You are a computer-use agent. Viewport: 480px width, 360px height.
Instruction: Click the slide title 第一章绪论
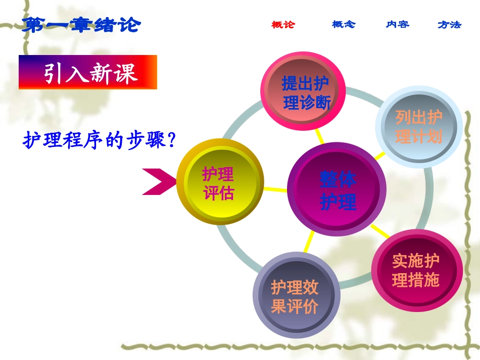[x=81, y=24]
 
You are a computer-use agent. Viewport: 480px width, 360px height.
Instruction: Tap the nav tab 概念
[x=344, y=24]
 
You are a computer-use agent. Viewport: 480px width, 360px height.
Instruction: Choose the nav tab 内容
[x=398, y=24]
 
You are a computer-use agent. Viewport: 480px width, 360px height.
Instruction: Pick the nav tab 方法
[x=449, y=24]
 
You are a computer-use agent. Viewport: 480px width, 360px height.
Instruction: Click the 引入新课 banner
[x=88, y=72]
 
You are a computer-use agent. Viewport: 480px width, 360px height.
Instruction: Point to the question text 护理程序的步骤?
[x=99, y=140]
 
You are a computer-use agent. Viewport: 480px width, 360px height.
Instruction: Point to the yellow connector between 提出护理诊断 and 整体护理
[x=319, y=136]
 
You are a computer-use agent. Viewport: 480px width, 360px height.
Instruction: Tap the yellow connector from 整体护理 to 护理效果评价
[x=309, y=244]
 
